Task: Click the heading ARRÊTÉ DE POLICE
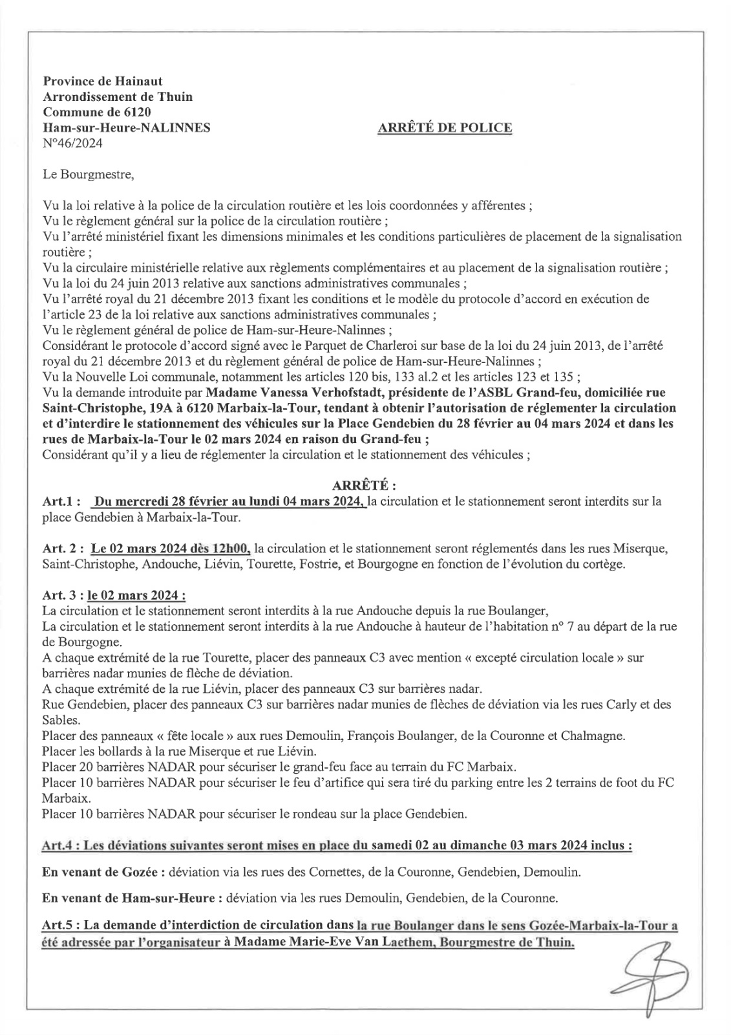444,128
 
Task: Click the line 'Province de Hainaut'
103,82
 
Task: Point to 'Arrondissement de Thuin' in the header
117,97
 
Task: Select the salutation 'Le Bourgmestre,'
89,175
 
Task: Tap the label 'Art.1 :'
61,501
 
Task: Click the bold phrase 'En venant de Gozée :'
102,872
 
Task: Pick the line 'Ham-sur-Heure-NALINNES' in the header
126,128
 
